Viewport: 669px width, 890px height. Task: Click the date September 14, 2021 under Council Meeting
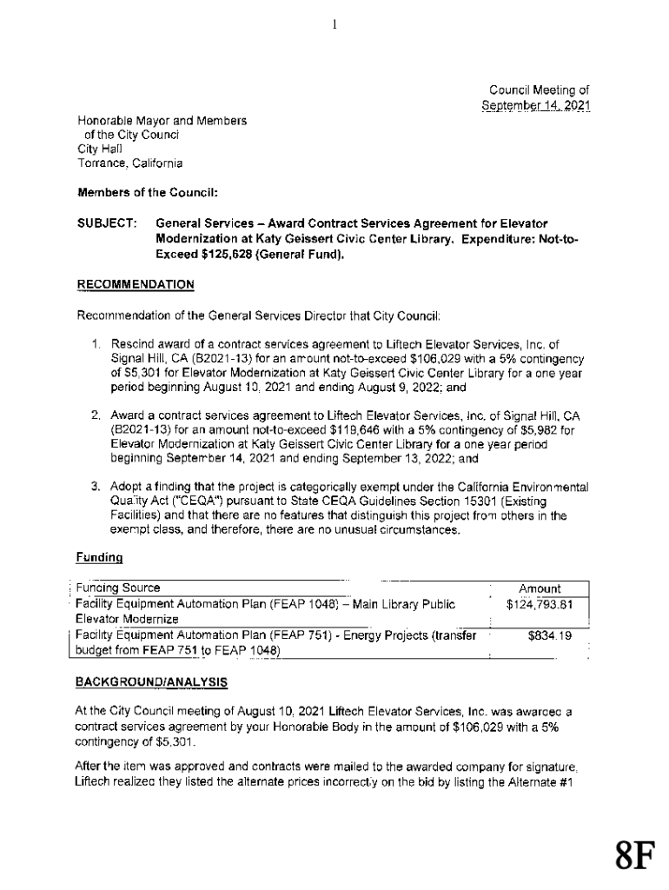pyautogui.click(x=536, y=106)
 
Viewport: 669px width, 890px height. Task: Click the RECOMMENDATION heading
pyautogui.click(x=136, y=284)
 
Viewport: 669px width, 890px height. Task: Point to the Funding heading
pyautogui.click(x=100, y=555)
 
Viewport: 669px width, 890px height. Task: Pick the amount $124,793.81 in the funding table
pyautogui.click(x=540, y=603)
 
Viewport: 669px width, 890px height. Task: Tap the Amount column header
pyautogui.click(x=540, y=588)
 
